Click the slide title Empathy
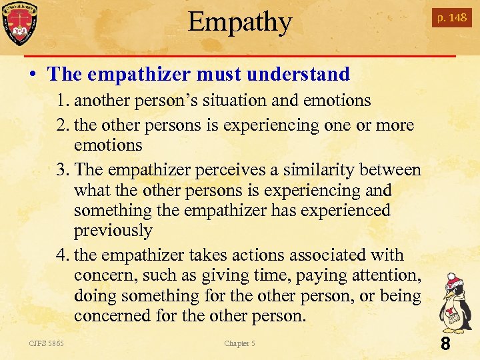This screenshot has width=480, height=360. click(240, 22)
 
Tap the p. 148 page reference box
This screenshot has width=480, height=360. click(451, 18)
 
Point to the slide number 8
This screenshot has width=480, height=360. click(445, 344)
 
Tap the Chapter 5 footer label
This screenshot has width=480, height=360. click(239, 343)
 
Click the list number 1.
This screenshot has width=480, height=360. click(62, 101)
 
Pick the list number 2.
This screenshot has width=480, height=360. click(62, 125)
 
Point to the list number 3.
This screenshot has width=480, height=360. click(62, 170)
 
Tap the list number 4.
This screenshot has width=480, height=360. click(62, 255)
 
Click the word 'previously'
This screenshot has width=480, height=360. click(113, 231)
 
